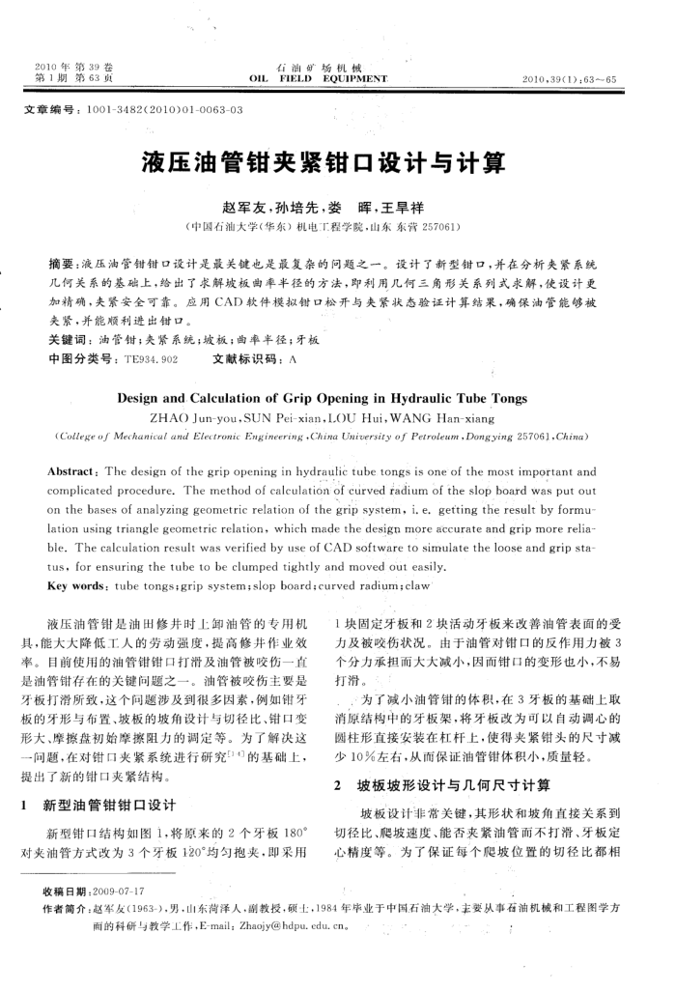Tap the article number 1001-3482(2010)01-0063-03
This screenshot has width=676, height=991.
tap(165, 110)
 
